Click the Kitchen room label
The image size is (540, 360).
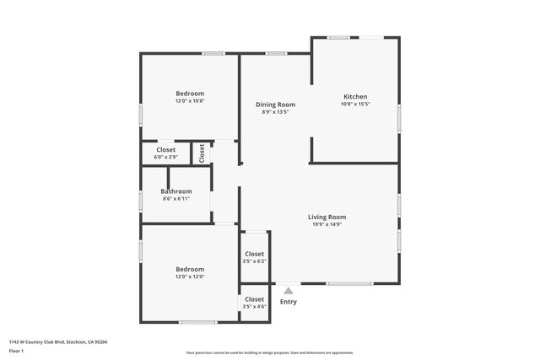[x=355, y=96]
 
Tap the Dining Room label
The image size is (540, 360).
[x=275, y=105]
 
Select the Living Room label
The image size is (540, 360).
[x=327, y=217]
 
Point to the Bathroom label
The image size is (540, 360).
[x=175, y=191]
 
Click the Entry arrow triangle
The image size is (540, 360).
[x=288, y=291]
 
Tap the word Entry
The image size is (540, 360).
[x=288, y=302]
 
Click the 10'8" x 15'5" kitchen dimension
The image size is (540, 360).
[x=355, y=104]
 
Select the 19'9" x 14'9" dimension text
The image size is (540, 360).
[x=327, y=224]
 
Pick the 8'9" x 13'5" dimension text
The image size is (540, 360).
[x=275, y=112]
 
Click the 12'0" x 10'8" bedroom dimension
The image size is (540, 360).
[x=190, y=100]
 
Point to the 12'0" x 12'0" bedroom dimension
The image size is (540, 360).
[x=190, y=277]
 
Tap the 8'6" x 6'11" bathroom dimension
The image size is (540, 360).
[x=175, y=199]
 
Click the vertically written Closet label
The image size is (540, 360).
[x=202, y=153]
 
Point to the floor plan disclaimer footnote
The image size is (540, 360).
[x=269, y=353]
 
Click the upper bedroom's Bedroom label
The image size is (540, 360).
[x=190, y=93]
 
